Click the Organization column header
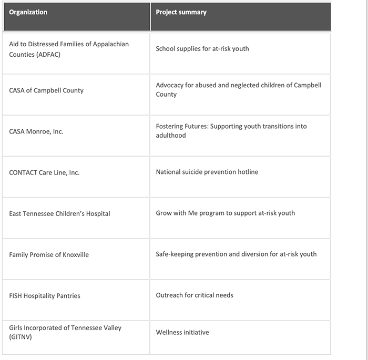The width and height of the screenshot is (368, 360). click(x=28, y=12)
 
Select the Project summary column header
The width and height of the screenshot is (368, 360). click(x=181, y=12)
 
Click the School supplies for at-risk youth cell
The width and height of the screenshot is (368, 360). click(x=202, y=49)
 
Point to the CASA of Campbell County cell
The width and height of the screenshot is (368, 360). click(x=46, y=90)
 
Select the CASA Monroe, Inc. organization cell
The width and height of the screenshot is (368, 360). click(x=36, y=131)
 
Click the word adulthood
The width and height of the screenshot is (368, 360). click(x=171, y=136)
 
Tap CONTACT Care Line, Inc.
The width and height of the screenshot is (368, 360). click(x=44, y=172)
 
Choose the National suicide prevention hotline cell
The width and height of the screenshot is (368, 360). click(x=207, y=172)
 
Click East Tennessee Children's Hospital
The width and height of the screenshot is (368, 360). click(x=59, y=213)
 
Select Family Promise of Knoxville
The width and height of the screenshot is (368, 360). click(x=49, y=254)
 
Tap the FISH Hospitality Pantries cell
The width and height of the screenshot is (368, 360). click(x=45, y=295)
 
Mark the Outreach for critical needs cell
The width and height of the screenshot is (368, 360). click(x=195, y=295)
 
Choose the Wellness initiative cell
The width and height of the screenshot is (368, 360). click(x=182, y=332)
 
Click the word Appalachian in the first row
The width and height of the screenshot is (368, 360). click(x=110, y=44)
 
